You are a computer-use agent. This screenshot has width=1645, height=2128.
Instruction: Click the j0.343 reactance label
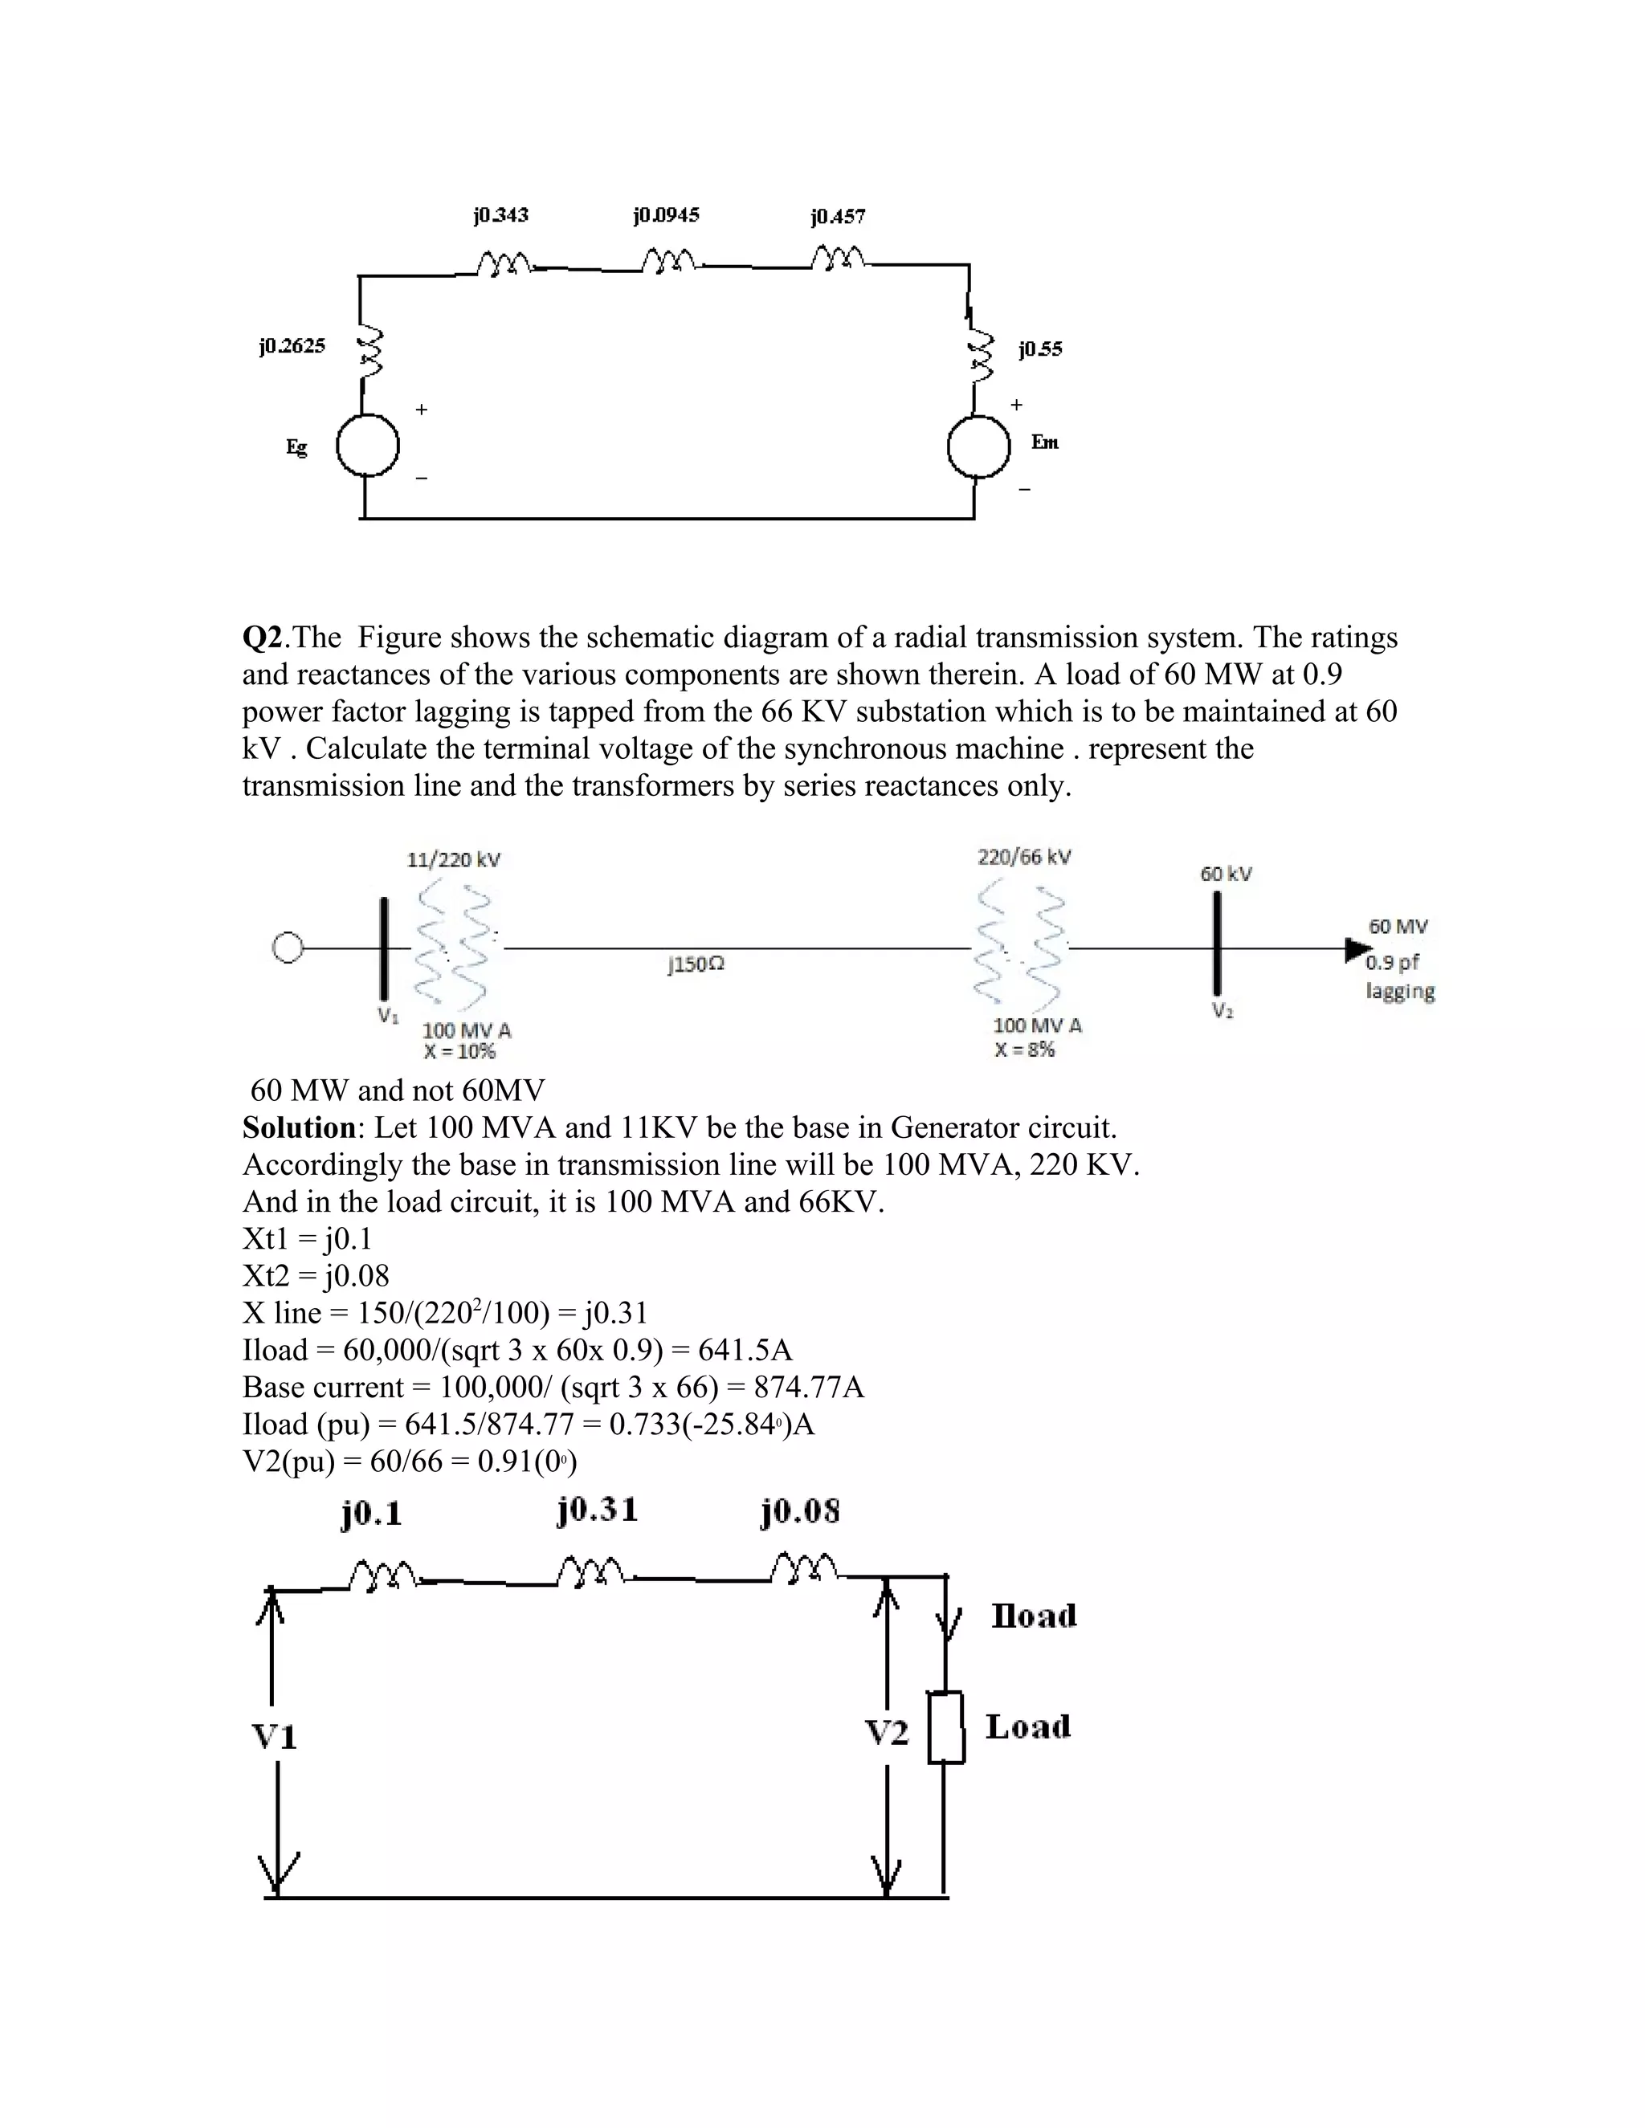point(501,214)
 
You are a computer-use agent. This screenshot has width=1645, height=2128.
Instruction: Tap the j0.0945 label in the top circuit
point(667,214)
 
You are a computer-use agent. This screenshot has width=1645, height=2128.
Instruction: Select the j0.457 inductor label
point(837,216)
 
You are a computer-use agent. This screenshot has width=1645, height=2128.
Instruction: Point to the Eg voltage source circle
point(367,446)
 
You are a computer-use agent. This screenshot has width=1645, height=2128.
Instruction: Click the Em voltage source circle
point(978,446)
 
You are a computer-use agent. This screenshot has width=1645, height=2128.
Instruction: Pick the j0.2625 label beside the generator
point(292,346)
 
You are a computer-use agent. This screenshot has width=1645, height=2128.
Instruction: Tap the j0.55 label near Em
point(1041,349)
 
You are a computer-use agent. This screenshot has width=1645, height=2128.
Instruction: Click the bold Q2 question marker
point(262,638)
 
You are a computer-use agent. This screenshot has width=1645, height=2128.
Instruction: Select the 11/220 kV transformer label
point(453,859)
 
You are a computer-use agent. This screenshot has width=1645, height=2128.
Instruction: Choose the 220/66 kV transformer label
point(1024,857)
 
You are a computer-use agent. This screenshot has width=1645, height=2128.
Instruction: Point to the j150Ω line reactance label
point(696,964)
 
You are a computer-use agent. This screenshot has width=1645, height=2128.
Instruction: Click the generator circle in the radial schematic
point(288,948)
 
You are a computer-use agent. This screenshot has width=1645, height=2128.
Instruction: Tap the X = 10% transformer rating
point(459,1051)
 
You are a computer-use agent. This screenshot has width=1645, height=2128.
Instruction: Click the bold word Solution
point(299,1127)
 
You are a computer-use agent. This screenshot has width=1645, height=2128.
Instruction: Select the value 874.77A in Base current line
point(809,1387)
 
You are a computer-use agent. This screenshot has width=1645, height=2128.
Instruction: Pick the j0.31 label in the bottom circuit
point(598,1510)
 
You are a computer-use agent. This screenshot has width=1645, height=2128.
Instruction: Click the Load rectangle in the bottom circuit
point(945,1727)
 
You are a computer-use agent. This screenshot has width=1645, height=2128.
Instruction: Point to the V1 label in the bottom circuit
point(274,1736)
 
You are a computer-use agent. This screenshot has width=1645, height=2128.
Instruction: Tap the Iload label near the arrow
point(1034,1616)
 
